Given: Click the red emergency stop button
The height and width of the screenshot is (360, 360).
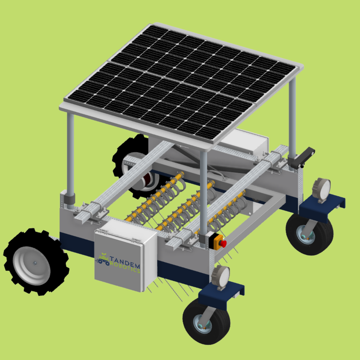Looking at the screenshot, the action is pyautogui.click(x=223, y=243).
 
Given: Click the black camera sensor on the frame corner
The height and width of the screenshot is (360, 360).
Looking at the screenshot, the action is pyautogui.click(x=301, y=157).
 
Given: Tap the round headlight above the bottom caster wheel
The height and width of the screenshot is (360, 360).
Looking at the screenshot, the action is pyautogui.click(x=221, y=277).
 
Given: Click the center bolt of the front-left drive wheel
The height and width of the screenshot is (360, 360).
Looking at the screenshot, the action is pyautogui.click(x=35, y=263).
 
